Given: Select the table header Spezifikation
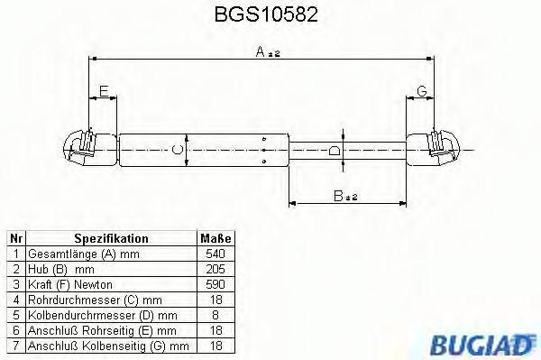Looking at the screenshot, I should coord(111,239).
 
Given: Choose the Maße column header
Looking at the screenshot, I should coord(215,239).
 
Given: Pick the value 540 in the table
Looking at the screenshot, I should coord(215,254).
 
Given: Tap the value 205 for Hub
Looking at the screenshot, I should coord(215,269).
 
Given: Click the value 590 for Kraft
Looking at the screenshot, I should coord(215,283).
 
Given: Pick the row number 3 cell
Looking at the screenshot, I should coord(15,283).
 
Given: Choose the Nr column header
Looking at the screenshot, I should coord(15,239).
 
